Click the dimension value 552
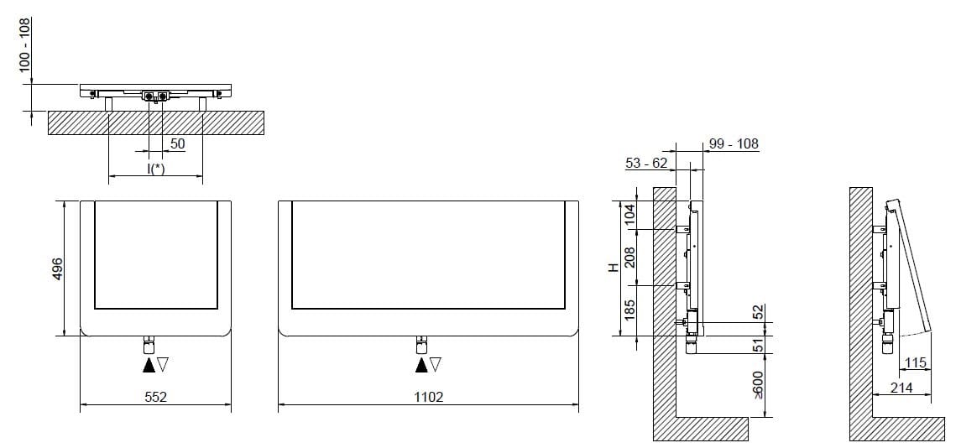155,397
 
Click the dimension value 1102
428,397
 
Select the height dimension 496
58,268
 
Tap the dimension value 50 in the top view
177,144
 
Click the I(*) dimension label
155,169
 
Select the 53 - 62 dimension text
646,163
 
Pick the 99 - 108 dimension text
734,143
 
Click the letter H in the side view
614,268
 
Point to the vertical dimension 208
630,258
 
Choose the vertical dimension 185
630,312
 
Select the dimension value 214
901,388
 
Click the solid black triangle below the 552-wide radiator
149,365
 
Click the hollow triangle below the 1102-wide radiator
436,365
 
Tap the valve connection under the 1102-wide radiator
422,345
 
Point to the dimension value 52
759,312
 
